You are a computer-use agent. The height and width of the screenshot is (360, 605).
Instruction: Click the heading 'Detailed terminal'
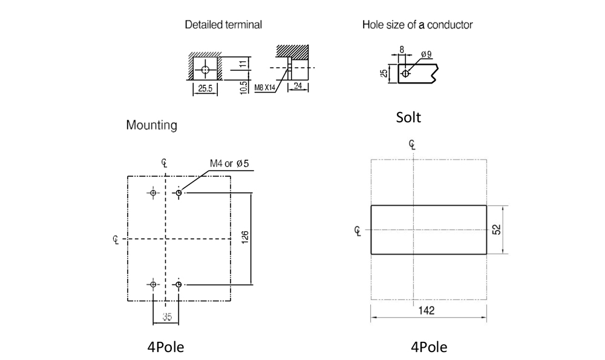click(x=223, y=25)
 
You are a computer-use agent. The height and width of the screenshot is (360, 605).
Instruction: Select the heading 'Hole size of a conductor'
click(x=417, y=25)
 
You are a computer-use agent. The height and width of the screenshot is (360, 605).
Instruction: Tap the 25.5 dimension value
click(x=205, y=88)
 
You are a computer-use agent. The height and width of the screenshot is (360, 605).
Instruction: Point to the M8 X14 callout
click(x=265, y=88)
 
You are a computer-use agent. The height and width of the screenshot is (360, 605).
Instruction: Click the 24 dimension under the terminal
click(x=298, y=85)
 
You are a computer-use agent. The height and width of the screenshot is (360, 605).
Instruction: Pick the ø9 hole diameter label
click(x=427, y=54)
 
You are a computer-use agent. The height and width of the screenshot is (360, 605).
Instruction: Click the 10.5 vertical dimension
click(x=243, y=88)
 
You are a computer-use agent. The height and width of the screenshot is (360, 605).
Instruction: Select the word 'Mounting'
click(x=152, y=125)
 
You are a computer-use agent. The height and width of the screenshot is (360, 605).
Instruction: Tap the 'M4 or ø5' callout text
click(x=229, y=163)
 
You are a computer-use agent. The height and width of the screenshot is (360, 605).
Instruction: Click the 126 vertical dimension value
click(x=244, y=237)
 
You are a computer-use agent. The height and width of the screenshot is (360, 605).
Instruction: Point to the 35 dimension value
click(x=167, y=317)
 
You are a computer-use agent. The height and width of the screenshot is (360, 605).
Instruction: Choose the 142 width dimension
click(x=427, y=310)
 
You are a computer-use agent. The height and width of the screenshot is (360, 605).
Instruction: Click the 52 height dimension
click(x=497, y=229)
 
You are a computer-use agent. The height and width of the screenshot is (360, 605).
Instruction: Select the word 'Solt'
click(x=408, y=117)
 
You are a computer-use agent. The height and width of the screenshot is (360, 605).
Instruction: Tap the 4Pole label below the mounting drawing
click(x=166, y=347)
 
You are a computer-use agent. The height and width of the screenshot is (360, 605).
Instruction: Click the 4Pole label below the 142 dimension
click(x=429, y=347)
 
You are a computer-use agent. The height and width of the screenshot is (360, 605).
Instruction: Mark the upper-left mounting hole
click(x=153, y=192)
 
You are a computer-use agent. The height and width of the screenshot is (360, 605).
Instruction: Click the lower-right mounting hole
click(x=178, y=284)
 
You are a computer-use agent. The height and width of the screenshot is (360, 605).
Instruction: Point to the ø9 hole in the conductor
click(x=405, y=73)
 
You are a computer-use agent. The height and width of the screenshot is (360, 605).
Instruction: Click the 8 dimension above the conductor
click(x=402, y=50)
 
